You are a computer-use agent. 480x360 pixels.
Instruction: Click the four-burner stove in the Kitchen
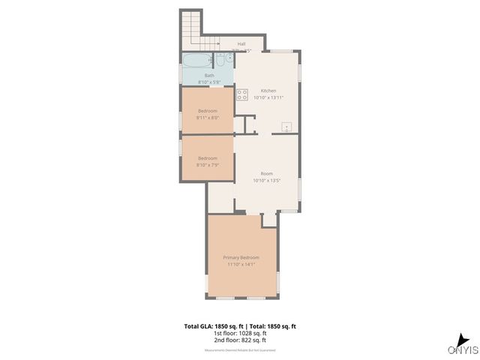[242, 94]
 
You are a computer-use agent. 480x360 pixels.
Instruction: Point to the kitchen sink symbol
[286, 126]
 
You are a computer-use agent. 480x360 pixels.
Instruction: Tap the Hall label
[241, 44]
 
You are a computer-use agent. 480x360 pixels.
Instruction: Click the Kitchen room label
[268, 90]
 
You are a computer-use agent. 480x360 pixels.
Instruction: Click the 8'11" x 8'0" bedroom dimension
[208, 118]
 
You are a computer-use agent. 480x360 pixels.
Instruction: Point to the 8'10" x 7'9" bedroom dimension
[208, 165]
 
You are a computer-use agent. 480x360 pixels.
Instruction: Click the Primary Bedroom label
[241, 257]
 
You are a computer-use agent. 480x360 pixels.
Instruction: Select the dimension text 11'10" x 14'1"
[241, 264]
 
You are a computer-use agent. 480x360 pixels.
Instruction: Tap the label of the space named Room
[266, 173]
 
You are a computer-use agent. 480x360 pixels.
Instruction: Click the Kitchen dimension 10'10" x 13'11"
[268, 97]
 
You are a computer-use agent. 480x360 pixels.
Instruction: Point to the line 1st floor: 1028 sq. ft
[240, 334]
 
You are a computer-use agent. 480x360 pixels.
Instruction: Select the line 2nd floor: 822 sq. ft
[240, 341]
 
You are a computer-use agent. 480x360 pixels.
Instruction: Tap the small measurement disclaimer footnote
[240, 350]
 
